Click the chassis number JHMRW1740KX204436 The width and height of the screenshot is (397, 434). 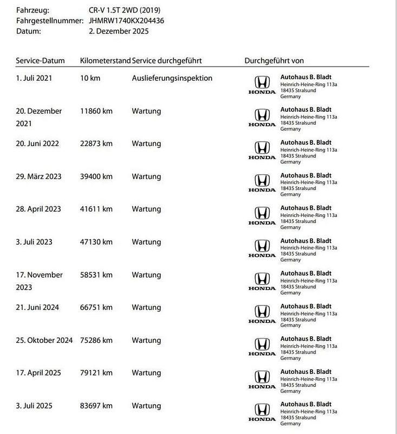point(126,21)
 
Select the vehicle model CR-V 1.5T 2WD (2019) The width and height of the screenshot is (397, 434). point(124,10)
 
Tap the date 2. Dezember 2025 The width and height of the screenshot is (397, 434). point(118,31)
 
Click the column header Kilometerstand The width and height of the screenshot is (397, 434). point(105,61)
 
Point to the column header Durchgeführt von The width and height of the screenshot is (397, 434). point(278,61)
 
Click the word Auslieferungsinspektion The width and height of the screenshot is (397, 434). point(172,78)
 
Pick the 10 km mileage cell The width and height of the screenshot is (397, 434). point(90,78)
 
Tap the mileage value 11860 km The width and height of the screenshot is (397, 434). point(96,111)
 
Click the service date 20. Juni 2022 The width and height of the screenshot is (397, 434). point(37,144)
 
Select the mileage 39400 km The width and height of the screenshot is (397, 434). point(96,177)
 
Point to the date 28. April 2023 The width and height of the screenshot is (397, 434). point(38,209)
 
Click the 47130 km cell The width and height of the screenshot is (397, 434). point(96,242)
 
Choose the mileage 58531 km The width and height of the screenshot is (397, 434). point(96,275)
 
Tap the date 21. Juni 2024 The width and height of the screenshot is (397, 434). point(37,308)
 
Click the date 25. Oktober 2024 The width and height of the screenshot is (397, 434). point(44,340)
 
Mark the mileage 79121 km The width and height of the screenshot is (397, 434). point(96,373)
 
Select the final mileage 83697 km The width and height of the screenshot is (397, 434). point(96,405)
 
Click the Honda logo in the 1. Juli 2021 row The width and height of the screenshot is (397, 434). point(262,85)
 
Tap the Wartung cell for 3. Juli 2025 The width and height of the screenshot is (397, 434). point(146,405)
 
